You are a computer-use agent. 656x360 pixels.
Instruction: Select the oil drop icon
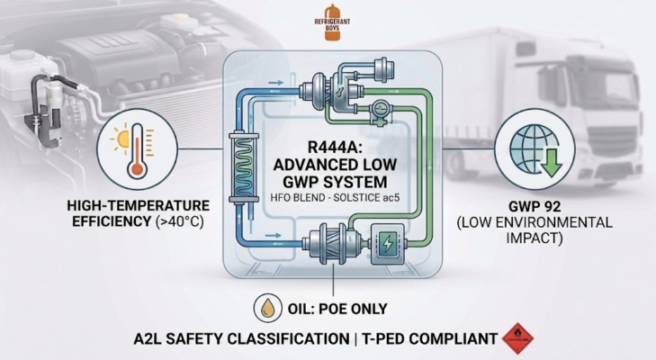266,307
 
